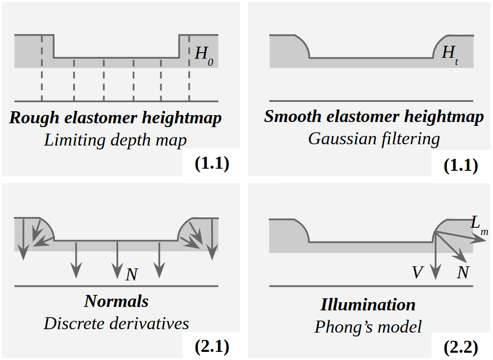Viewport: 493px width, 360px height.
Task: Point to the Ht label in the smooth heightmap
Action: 450,55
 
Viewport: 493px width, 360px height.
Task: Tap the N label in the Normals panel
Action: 131,274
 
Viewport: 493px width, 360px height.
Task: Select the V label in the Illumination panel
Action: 417,272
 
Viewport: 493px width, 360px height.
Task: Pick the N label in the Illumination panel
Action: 463,272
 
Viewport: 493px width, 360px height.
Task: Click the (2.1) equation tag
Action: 212,347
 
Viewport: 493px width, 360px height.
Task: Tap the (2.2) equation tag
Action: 460,347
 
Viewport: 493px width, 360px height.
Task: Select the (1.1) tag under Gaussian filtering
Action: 460,165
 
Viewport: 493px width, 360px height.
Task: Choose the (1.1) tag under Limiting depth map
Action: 212,164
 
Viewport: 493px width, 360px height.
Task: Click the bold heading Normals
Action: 117,301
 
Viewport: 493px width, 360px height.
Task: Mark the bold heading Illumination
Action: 368,305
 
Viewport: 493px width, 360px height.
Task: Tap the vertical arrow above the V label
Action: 436,257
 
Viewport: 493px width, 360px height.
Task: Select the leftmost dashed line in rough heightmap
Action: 42,68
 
